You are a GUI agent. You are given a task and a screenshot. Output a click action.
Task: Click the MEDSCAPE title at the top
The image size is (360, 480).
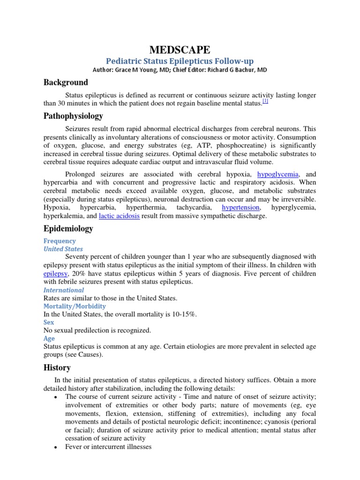(180, 50)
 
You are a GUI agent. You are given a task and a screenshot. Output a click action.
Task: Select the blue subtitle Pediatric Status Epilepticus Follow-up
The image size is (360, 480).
(180, 61)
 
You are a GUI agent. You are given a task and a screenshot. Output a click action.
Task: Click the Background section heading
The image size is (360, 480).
(66, 82)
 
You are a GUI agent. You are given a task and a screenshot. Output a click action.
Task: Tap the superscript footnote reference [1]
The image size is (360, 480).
(265, 102)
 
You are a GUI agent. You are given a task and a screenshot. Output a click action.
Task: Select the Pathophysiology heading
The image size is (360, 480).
(73, 116)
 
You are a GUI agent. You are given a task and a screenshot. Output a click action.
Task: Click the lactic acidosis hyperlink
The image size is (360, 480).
(119, 216)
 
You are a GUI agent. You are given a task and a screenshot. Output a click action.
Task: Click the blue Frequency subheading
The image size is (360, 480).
(60, 241)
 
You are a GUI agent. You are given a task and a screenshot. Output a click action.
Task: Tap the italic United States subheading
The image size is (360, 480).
(63, 249)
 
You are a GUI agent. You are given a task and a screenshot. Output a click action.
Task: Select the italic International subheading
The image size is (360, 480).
(64, 290)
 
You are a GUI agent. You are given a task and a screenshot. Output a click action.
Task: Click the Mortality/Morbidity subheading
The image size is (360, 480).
(75, 306)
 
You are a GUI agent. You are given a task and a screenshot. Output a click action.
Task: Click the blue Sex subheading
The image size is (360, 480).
(49, 322)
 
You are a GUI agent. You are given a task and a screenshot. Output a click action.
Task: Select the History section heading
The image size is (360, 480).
(57, 367)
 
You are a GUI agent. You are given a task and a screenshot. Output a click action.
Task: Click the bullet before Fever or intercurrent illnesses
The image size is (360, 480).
(56, 447)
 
